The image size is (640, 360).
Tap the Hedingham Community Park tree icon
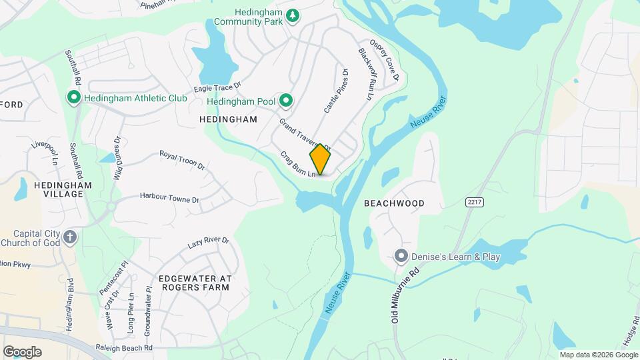[x=292, y=15]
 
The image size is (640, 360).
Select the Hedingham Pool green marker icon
[x=286, y=101]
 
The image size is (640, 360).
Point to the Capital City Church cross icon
[x=69, y=237]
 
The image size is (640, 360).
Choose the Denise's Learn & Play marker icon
[x=401, y=256]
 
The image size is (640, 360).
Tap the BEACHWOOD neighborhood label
[x=394, y=203]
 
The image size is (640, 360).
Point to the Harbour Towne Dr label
[x=169, y=198]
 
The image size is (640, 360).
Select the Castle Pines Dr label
[x=335, y=91]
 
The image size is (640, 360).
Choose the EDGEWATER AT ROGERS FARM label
[x=194, y=282]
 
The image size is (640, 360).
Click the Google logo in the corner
[x=22, y=351]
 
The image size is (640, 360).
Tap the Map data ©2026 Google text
[x=598, y=355]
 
